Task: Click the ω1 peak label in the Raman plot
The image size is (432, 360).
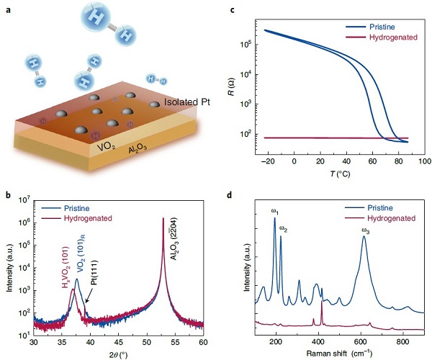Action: coord(274,211)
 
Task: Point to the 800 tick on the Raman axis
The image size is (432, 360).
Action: coord(403,341)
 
